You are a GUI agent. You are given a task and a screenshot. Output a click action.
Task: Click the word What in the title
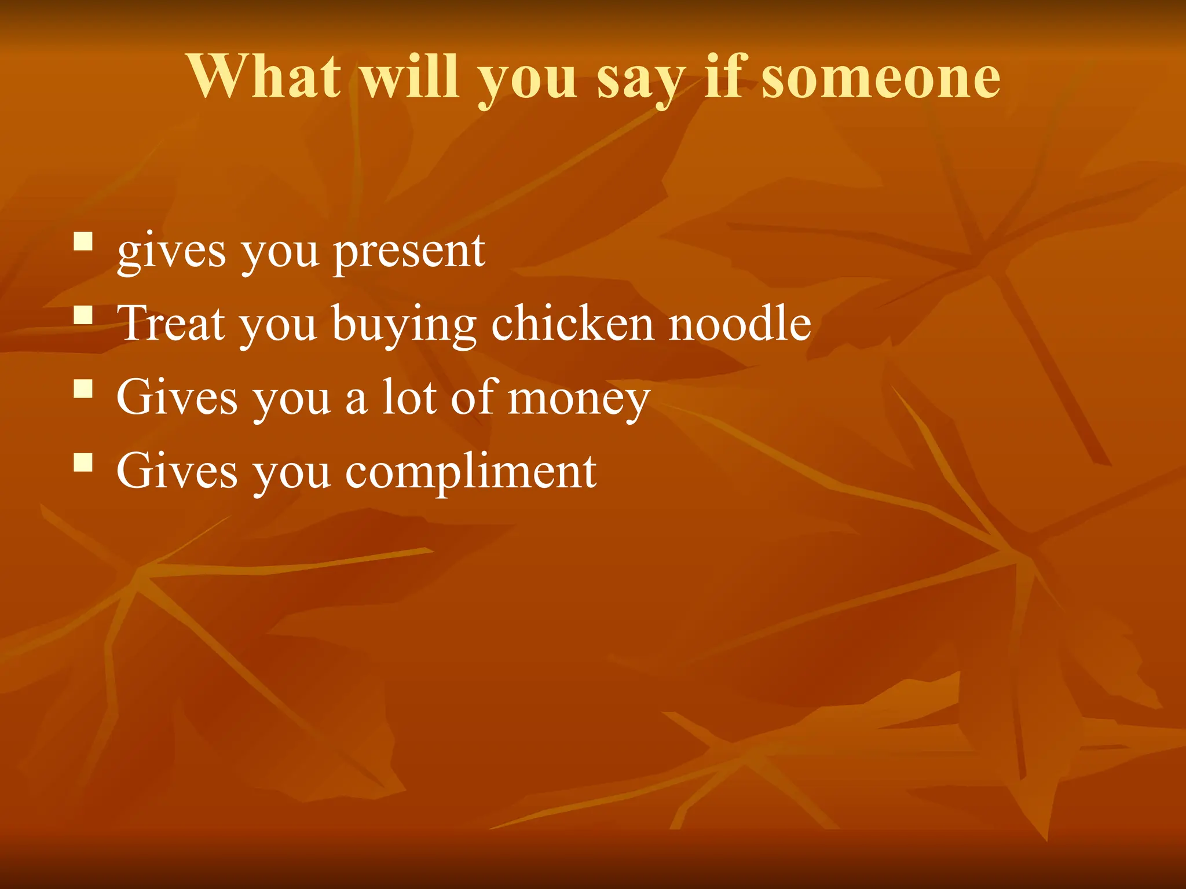pyautogui.click(x=264, y=76)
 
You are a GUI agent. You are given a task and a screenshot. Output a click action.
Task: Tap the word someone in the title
pyautogui.click(x=881, y=76)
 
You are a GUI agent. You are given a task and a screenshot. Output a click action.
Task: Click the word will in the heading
pyautogui.click(x=411, y=76)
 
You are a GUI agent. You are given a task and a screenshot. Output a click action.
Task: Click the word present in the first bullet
pyautogui.click(x=409, y=252)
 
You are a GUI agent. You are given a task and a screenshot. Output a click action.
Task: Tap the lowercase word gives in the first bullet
pyautogui.click(x=171, y=252)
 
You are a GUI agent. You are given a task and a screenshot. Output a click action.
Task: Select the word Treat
pyautogui.click(x=171, y=324)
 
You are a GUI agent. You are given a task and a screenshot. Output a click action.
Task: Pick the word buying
pyautogui.click(x=404, y=325)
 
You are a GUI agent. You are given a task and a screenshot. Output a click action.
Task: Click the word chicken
pyautogui.click(x=573, y=324)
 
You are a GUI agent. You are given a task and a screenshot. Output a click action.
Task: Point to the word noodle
pyautogui.click(x=740, y=324)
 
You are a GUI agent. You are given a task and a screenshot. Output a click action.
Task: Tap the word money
pyautogui.click(x=579, y=399)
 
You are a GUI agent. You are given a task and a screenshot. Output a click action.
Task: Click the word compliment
pyautogui.click(x=471, y=472)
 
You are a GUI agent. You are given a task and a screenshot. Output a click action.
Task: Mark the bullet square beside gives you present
pyautogui.click(x=83, y=241)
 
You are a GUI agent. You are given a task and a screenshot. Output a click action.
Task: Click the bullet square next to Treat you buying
pyautogui.click(x=83, y=315)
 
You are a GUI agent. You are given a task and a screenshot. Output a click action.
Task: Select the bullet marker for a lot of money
pyautogui.click(x=83, y=388)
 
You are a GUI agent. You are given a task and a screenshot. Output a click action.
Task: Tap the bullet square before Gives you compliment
pyautogui.click(x=83, y=462)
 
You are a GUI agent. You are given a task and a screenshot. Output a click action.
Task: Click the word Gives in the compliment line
pyautogui.click(x=177, y=471)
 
